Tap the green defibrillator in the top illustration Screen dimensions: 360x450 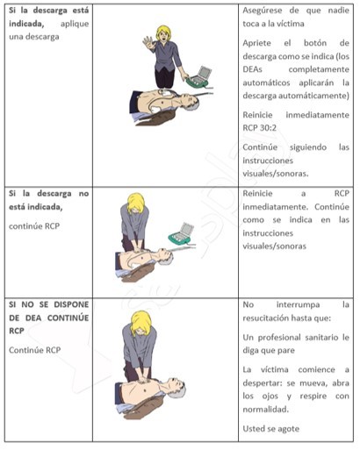point(199,77)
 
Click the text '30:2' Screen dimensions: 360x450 point(268,128)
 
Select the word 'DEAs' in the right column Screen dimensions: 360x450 point(252,69)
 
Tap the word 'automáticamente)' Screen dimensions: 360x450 point(296,96)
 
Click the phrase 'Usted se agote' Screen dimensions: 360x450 point(271,429)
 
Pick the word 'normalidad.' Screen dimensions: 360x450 point(266,410)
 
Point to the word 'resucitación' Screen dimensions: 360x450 point(264,318)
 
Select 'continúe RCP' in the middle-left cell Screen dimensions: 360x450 point(34,226)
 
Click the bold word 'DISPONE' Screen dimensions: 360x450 point(71,304)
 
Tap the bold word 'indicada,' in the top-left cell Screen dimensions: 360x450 point(26,24)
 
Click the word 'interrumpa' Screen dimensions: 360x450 point(298,304)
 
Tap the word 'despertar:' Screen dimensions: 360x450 point(263,383)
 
